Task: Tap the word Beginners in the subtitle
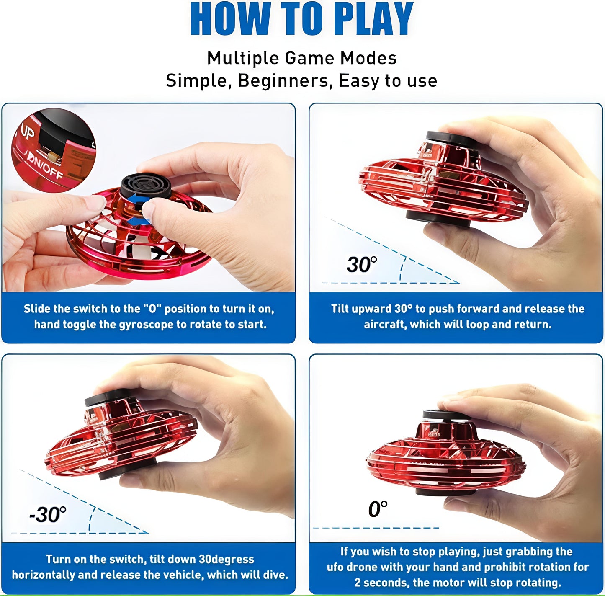point(285,80)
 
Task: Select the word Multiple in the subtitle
point(242,58)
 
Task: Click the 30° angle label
point(362,264)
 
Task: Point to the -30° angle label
point(48,514)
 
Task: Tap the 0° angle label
point(378,509)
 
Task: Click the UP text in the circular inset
point(27,133)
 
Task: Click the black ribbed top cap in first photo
point(146,186)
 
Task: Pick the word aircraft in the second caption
point(384,325)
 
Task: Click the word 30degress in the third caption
point(226,560)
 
